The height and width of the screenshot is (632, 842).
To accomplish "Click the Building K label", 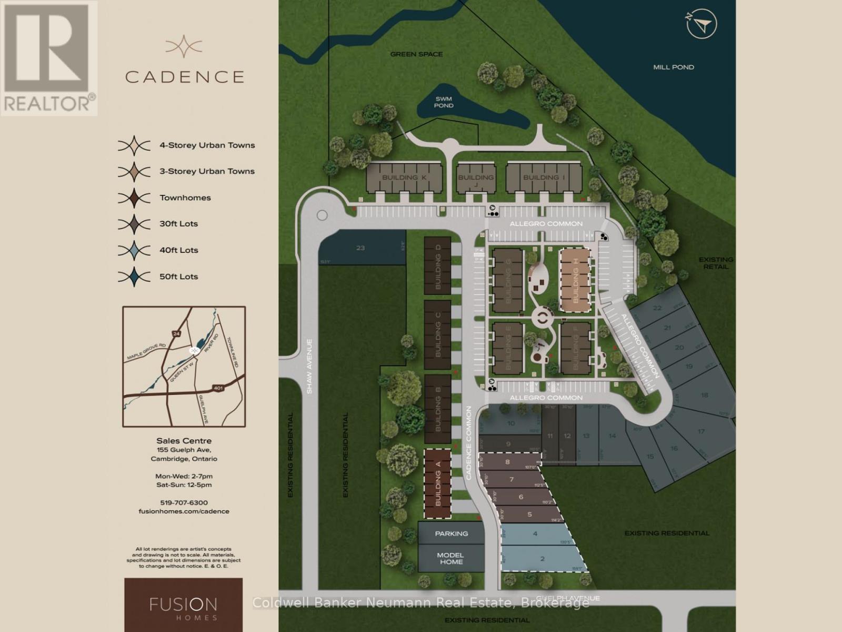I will pos(404,177).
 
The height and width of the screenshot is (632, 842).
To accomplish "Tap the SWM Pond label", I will pos(444,102).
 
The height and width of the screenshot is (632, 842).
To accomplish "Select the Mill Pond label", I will pos(673,67).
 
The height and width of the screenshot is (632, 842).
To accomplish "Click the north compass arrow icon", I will pos(702,24).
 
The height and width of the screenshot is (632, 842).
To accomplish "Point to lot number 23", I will pos(360,248).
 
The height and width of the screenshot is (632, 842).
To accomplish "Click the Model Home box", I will pos(451,558).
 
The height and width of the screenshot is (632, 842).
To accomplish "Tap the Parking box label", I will pos(451,534).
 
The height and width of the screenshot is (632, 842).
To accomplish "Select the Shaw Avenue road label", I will pos(309,366).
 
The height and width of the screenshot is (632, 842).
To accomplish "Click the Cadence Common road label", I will pos(468,442).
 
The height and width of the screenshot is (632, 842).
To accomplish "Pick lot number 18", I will pos(704,395).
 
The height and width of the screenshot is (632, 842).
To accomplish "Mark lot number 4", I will pos(535,534).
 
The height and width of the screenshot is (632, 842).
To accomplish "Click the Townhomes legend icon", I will pos(134,198).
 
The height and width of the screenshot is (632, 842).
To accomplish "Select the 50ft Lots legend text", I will pos(178,276).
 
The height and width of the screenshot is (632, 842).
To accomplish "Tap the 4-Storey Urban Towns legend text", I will pos(207,145).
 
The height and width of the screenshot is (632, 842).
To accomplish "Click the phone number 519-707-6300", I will pos(184,503).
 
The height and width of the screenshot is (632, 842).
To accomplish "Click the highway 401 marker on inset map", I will pos(218,388).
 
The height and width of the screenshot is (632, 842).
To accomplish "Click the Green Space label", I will pos(416,54).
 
